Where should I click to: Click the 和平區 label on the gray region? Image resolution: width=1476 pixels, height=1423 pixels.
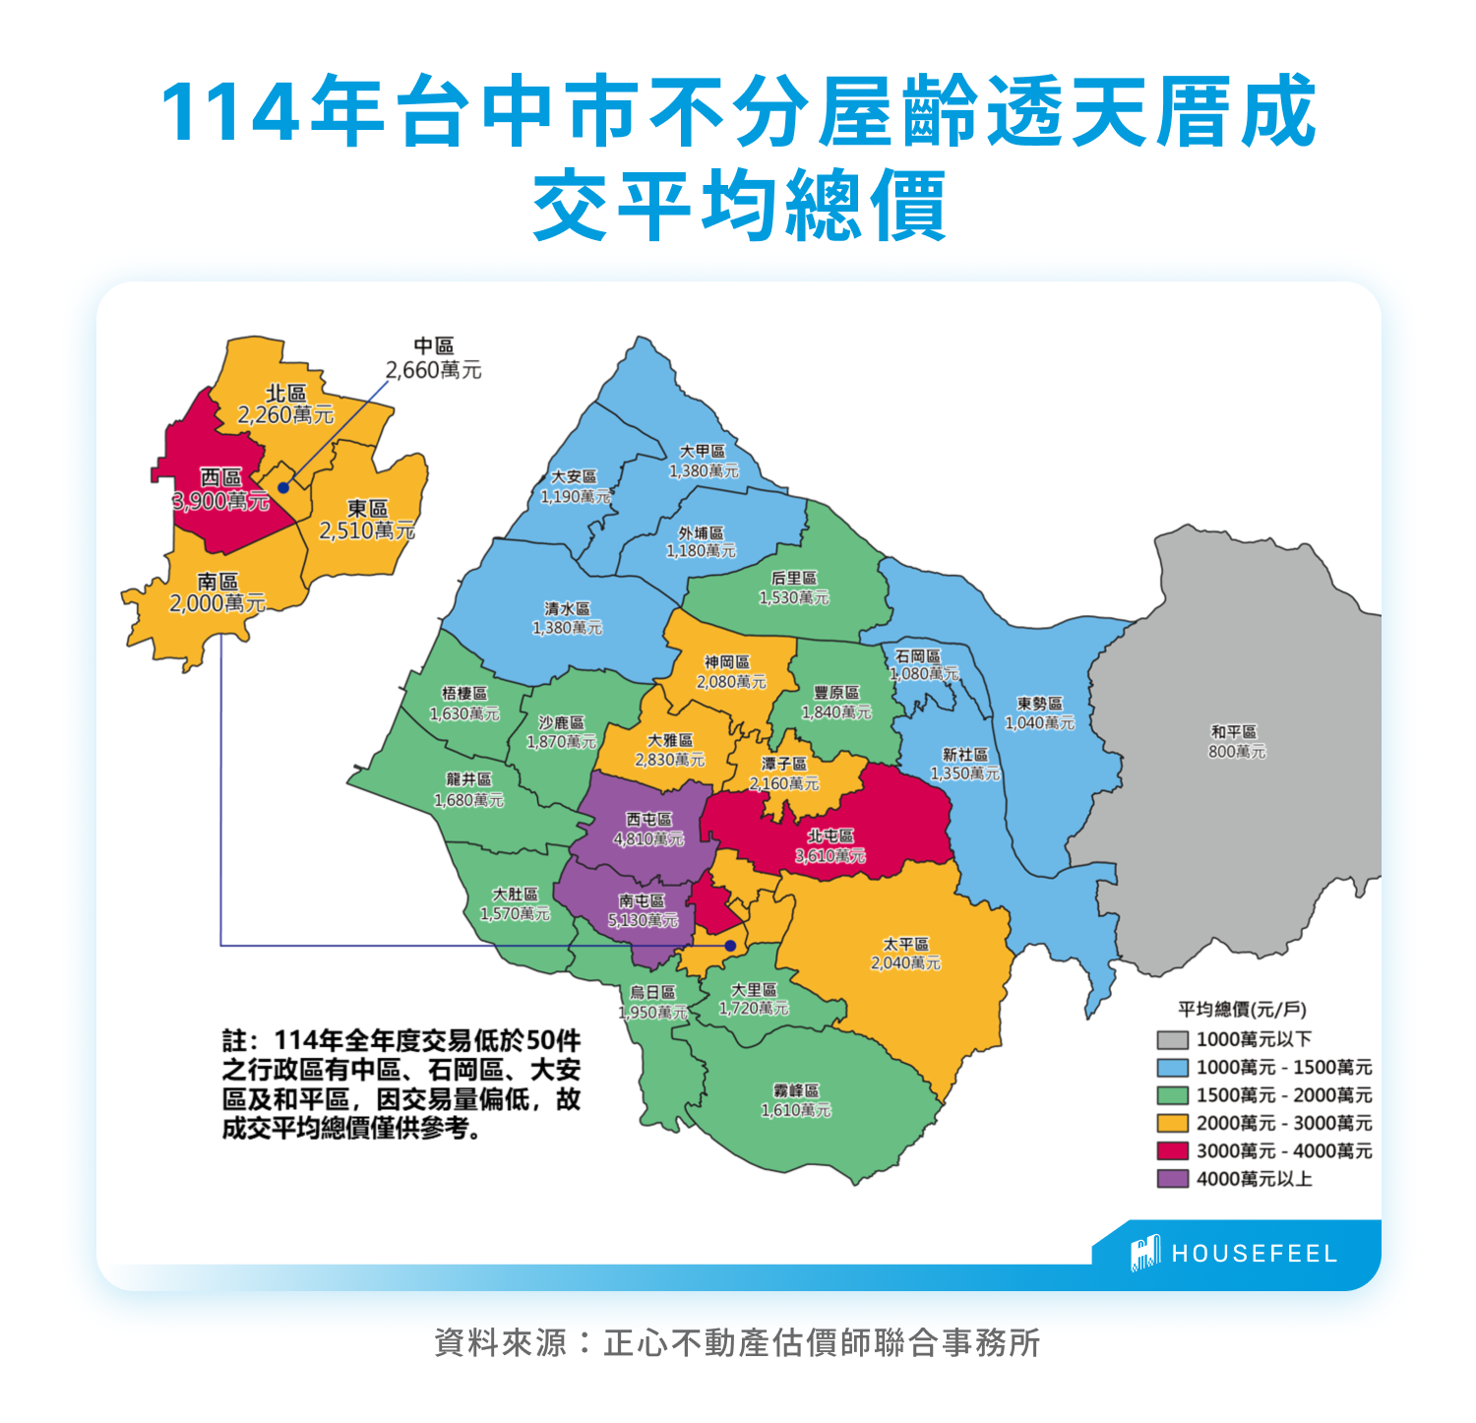pos(1234,732)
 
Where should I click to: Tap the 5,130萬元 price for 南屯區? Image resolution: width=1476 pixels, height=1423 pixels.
pos(643,920)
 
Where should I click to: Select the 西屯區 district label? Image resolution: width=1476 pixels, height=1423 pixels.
pos(648,819)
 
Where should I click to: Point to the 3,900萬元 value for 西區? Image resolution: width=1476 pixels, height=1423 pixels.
pos(220,501)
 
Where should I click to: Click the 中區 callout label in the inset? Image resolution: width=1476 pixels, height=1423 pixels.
pos(433,346)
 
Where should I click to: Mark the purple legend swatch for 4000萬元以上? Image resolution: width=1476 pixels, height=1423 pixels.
pos(1172,1178)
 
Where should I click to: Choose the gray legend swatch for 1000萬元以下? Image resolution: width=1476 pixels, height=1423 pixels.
pos(1172,1039)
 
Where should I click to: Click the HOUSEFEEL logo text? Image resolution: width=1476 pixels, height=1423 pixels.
pos(1254,1254)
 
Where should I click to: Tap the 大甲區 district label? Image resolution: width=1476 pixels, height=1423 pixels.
pos(703,451)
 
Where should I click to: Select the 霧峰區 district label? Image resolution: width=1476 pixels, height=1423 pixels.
pos(796,1090)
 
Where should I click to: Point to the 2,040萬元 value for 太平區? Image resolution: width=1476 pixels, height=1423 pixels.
pos(905,962)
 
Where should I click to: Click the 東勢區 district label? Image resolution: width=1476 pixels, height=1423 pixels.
pos(1039,704)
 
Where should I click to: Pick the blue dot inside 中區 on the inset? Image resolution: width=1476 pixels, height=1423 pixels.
pos(283,487)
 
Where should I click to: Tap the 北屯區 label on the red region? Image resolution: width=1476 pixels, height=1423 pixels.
pos(830,835)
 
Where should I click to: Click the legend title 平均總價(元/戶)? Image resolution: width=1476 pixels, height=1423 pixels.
pos(1242,1009)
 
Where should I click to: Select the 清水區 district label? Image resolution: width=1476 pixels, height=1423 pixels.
pos(567,608)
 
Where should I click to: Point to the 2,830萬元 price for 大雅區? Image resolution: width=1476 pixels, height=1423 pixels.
pos(669,760)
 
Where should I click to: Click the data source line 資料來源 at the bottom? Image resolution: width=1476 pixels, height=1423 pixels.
pos(737,1342)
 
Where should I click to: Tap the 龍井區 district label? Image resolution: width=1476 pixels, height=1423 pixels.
pos(468,779)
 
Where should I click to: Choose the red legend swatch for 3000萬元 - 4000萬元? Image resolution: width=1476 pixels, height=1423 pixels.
pos(1172,1150)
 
